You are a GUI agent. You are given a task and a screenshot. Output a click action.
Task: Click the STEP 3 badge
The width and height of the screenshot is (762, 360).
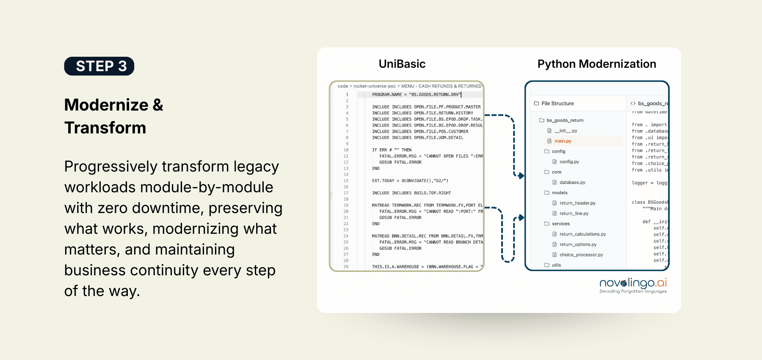point(99,66)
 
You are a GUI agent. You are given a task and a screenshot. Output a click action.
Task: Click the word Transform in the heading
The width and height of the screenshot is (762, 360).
point(105,128)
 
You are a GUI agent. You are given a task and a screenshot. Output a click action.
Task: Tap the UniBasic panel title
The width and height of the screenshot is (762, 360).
point(402,64)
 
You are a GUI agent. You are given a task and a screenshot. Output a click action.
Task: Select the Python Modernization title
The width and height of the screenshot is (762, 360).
point(596,64)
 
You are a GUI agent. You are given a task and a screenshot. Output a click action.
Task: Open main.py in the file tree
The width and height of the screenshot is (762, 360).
point(563,141)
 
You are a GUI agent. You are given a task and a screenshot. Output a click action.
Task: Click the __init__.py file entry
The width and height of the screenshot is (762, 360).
point(566,131)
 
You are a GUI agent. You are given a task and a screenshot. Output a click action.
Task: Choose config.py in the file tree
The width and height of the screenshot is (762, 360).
point(569,162)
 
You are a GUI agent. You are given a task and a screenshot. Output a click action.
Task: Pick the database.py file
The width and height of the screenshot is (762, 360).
point(572,183)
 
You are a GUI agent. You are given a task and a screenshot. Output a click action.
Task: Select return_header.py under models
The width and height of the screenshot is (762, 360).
point(577,203)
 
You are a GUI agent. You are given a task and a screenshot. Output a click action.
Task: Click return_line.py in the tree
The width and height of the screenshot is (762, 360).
point(574,213)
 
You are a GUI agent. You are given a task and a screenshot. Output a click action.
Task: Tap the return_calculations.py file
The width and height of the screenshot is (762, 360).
point(582,234)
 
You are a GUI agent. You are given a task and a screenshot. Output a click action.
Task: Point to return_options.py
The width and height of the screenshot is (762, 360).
point(578,244)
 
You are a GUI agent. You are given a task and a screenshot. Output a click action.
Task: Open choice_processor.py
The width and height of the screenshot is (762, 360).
point(581,255)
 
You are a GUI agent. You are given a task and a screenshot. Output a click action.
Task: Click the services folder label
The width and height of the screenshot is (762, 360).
point(560,224)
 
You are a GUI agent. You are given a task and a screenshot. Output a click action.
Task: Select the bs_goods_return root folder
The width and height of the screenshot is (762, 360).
point(565,120)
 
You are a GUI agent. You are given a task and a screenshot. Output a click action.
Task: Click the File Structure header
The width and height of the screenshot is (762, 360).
point(558,103)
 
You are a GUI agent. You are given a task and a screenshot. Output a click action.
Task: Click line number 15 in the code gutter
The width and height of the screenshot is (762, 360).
point(346,181)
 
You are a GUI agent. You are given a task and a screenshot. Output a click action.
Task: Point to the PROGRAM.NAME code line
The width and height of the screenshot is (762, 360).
point(417,95)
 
